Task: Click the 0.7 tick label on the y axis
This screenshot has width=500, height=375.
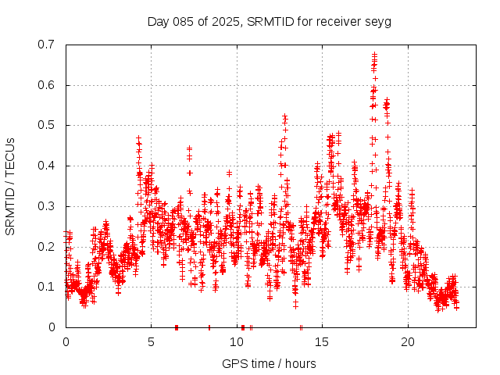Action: pos(47,45)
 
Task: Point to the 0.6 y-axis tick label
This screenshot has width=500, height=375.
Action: pos(47,85)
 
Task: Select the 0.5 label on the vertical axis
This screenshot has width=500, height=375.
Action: pos(47,125)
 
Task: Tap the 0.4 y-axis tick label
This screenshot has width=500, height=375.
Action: pos(47,166)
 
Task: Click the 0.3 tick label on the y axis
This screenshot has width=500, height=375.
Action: pos(47,206)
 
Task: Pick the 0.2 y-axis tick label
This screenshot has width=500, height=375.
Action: pos(47,246)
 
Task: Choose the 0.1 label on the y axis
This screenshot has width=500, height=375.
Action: pos(47,287)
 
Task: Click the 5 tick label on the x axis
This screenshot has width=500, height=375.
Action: pos(152,342)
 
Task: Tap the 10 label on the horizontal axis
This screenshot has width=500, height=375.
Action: pos(237,342)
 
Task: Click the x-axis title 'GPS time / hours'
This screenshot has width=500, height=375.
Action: pos(270,363)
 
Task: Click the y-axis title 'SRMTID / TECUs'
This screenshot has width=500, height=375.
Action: pos(11,186)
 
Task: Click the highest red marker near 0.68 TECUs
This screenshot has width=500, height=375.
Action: pos(374,55)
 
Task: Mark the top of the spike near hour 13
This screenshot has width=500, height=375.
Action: pos(285,117)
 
